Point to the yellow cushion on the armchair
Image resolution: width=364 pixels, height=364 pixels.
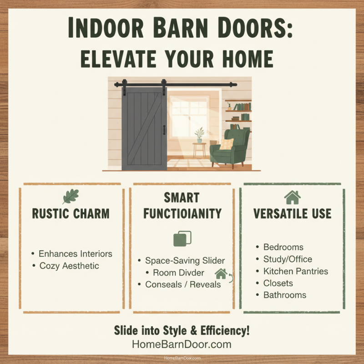[226, 144]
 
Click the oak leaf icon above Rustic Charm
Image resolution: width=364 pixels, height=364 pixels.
[71, 197]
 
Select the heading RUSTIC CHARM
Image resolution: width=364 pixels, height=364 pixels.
[71, 214]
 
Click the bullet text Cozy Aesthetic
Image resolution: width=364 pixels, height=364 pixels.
[69, 265]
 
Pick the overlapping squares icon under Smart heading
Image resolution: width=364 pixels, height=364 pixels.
[182, 238]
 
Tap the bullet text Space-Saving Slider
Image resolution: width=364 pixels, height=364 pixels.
[185, 261]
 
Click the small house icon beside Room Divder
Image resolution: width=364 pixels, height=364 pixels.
[221, 274]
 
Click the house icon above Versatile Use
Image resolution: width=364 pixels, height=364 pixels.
[292, 197]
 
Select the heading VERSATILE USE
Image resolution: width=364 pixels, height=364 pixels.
[293, 213]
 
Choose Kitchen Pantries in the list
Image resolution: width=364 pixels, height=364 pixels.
[296, 271]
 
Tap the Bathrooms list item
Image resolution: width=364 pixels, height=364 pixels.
[285, 295]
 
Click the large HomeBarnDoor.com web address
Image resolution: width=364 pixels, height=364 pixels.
[182, 344]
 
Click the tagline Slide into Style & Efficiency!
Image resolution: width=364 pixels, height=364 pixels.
[182, 330]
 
